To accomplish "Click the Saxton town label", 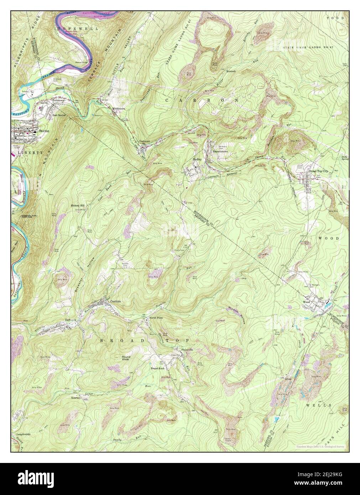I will click(x=44, y=131).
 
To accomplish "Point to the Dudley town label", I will click(x=197, y=159).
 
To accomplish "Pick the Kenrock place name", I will click(x=231, y=71).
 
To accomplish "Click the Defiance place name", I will click(x=71, y=320).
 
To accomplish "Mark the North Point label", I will click(x=156, y=318).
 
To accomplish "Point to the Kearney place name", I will click(x=77, y=397).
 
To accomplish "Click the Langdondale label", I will click(x=24, y=434).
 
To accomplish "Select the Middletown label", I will click(x=119, y=108).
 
